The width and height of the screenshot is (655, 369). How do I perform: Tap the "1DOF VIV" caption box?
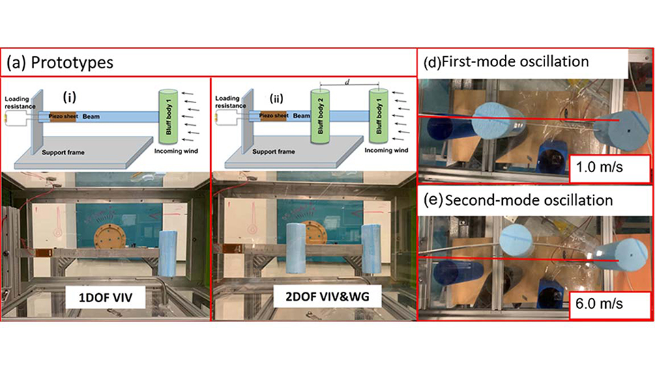pyautogui.click(x=106, y=299)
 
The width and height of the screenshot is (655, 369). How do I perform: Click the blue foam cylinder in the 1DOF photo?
pyautogui.click(x=171, y=253)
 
